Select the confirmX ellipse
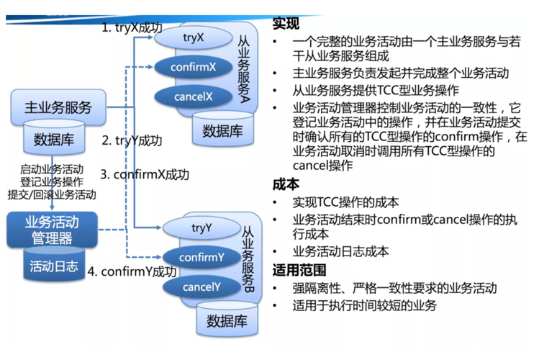tap(194, 67)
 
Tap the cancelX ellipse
tap(194, 96)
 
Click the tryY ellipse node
tap(201, 228)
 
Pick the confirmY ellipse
tap(201, 257)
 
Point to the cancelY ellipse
tap(201, 287)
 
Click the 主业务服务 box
tap(59, 108)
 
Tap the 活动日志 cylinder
tap(54, 266)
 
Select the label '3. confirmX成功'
tap(144, 174)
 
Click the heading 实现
tap(286, 24)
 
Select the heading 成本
tap(286, 184)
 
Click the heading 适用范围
tap(299, 271)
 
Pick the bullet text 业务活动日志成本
tap(341, 252)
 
